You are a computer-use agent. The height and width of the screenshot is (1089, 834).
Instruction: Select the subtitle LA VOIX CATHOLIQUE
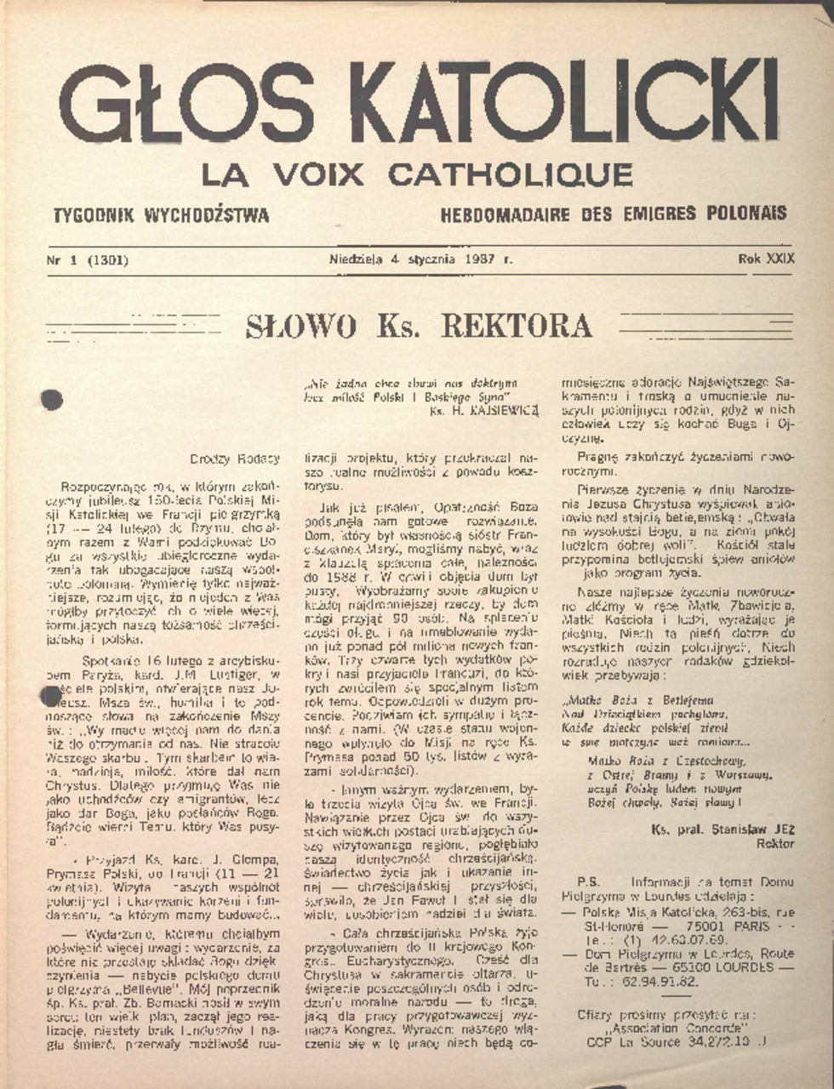(417, 174)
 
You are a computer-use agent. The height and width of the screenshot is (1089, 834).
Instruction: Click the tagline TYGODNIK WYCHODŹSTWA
(161, 214)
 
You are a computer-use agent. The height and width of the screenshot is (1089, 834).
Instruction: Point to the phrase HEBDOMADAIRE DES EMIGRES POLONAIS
(614, 214)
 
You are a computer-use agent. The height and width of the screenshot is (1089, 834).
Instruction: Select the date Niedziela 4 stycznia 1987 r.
(420, 259)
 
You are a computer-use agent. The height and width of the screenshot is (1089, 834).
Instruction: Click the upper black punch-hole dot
(52, 400)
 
